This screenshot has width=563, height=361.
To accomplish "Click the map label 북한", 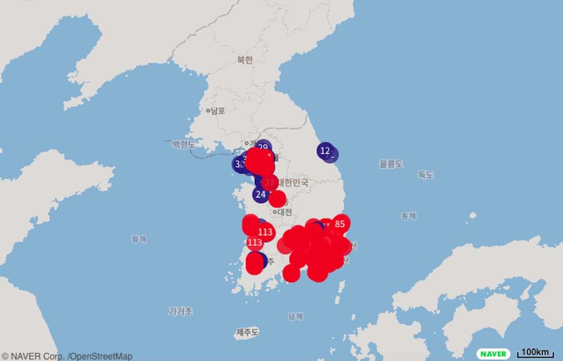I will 245,60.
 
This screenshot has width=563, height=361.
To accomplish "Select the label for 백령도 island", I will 183,144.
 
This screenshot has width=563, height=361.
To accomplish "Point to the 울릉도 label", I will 391,164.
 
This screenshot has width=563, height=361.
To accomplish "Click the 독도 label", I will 426,175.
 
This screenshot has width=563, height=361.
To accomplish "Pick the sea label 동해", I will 408,216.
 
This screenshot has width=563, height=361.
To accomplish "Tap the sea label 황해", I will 139,239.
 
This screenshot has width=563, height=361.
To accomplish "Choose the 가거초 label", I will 181,311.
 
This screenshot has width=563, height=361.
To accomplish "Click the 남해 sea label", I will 296,316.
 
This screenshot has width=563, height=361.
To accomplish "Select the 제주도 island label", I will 247,332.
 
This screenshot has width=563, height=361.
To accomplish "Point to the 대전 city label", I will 284,212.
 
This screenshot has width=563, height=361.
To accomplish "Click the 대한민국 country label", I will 293,183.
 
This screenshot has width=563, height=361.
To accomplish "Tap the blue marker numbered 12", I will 325,150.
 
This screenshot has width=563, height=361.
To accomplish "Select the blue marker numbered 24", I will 261,194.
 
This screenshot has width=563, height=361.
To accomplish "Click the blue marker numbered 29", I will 263,147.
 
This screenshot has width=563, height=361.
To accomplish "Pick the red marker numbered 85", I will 340,224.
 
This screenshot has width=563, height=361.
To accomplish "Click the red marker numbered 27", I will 269,182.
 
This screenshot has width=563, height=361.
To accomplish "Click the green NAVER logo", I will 494,353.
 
